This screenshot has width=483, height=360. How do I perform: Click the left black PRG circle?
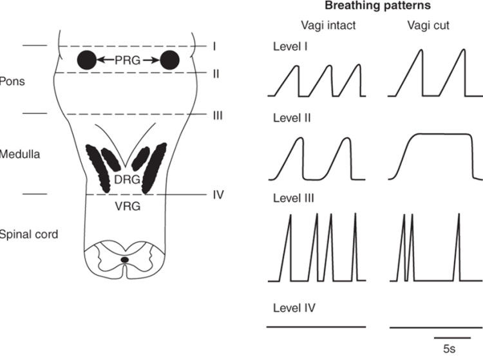click(87, 61)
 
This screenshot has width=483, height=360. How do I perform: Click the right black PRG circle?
click(169, 61)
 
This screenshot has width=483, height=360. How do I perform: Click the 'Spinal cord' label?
click(28, 234)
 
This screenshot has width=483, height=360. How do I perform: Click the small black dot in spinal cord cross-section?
click(124, 259)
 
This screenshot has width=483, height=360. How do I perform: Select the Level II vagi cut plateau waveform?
click(437, 152)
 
